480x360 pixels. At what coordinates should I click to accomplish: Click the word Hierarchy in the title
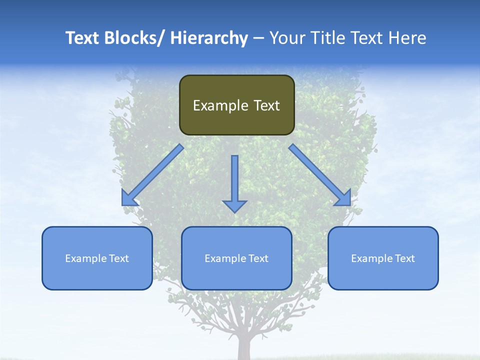[x=209, y=38]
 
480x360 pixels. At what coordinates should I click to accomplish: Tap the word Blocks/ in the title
[x=137, y=38]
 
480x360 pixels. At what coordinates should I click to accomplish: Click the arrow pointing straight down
[x=234, y=180]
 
